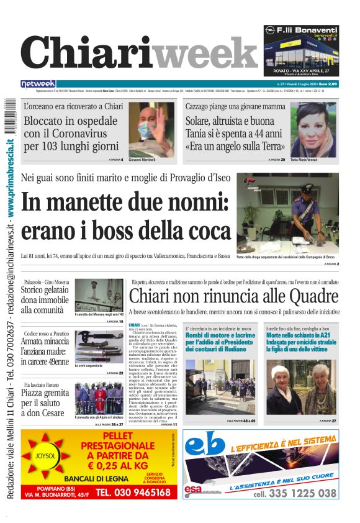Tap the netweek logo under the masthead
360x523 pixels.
pyautogui.click(x=38, y=84)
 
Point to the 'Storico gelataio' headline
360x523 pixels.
pyautogui.click(x=45, y=296)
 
